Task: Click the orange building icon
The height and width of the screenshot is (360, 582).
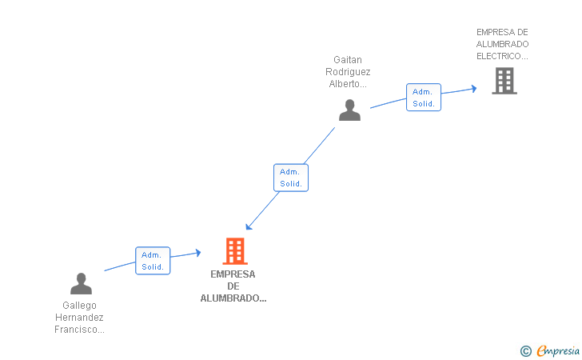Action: (235, 251)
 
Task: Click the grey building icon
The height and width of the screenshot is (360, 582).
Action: (504, 81)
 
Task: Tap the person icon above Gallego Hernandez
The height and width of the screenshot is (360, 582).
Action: (81, 283)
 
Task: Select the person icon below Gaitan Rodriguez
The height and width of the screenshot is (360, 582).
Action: (349, 110)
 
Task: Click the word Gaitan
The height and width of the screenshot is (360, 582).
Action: (348, 60)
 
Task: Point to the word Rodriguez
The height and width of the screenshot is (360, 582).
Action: (348, 72)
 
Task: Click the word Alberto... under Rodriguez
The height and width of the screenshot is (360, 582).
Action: (348, 84)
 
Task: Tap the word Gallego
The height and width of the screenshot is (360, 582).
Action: (79, 306)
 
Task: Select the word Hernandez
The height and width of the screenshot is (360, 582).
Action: (79, 318)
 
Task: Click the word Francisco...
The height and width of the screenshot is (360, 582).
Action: (79, 330)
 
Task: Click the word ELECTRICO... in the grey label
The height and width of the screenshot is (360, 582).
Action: (502, 56)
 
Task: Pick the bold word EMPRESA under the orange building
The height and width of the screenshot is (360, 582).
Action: (233, 274)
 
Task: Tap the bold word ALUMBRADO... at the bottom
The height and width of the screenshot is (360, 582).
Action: (233, 298)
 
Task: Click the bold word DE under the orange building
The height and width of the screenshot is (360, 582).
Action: (233, 286)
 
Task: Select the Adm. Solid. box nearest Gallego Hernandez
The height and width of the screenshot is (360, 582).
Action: (153, 261)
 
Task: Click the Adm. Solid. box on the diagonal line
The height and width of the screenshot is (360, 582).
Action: (291, 178)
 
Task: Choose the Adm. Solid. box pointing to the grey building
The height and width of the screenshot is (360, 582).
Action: (424, 98)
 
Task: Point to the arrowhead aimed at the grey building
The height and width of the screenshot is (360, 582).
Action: (474, 89)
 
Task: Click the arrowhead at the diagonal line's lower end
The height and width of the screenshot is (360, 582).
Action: (249, 226)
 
